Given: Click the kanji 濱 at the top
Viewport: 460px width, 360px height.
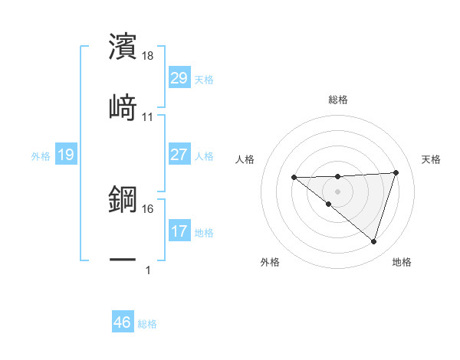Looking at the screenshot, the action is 123,47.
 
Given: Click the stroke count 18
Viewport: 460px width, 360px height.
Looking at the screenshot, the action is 148,57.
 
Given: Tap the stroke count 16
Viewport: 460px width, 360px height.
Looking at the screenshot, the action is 148,208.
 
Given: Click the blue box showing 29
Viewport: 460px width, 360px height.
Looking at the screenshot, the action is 179,78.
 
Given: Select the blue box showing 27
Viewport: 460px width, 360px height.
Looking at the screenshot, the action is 179,155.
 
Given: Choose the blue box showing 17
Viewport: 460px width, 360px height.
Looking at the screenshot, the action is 179,231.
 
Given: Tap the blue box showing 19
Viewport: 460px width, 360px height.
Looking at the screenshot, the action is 65,155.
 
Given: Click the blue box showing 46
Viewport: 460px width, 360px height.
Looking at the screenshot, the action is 122,322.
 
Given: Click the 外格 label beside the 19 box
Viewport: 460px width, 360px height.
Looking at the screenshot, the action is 41,156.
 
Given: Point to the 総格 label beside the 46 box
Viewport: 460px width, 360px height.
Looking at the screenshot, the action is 147,324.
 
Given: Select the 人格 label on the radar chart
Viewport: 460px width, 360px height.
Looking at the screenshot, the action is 246,159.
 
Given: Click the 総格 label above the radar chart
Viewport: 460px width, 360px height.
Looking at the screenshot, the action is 338,100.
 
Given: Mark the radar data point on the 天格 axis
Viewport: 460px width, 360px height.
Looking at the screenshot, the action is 396,172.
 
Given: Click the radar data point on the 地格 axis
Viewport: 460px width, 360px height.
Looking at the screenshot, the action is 373,241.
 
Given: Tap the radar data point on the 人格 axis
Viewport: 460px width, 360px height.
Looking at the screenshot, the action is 294,178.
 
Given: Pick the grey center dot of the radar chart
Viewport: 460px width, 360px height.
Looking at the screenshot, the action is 337,191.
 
